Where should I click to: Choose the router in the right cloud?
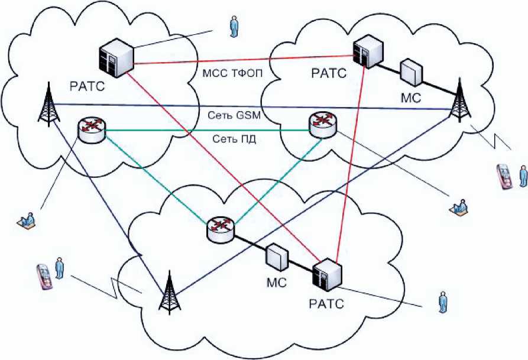322,122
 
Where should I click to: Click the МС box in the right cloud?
412,72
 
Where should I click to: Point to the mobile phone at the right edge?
504,176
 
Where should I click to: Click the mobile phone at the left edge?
43,275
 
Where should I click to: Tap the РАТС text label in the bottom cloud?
325,304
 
